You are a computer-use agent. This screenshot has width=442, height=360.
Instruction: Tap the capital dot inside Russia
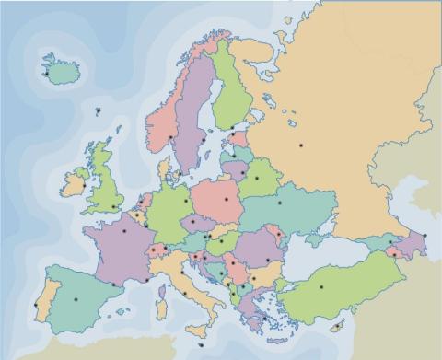[301, 145]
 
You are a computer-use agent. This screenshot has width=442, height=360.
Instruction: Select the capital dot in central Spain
[76, 296]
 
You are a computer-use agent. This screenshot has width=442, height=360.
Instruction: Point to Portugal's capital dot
[36, 305]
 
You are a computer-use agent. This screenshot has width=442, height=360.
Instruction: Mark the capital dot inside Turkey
[321, 287]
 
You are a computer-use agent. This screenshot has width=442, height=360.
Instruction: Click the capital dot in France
[124, 230]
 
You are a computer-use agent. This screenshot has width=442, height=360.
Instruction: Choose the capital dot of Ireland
[84, 186]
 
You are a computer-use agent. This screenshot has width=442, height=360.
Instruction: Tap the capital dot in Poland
[227, 197]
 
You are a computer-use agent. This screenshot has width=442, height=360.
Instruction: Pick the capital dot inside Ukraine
[279, 203]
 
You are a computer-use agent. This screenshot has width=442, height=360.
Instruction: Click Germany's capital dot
[186, 200]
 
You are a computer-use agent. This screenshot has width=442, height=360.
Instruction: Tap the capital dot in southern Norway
[171, 137]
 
